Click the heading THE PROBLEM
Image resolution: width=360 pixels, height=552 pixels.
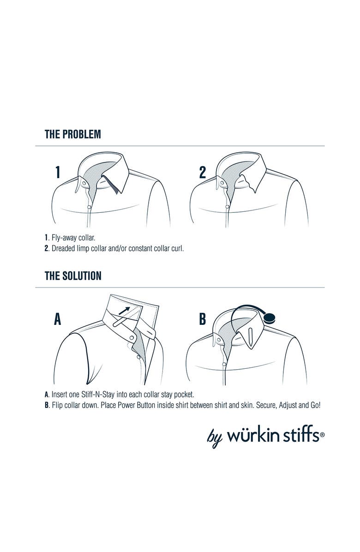[x=73, y=134]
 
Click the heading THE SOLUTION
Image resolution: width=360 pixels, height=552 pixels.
[x=73, y=276]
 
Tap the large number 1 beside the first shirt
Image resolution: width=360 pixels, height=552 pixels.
[x=58, y=172]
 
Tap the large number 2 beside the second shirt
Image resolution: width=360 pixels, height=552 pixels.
[x=202, y=172]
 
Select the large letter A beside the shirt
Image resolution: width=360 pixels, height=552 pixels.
[x=58, y=319]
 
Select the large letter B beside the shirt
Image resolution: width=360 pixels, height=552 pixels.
[x=202, y=319]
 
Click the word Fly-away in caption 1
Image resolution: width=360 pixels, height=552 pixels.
[x=64, y=238]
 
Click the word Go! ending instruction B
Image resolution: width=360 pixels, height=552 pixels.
[x=315, y=405]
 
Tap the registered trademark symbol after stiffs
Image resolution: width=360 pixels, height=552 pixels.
[x=322, y=435]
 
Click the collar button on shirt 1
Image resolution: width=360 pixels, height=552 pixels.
[x=84, y=184]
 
